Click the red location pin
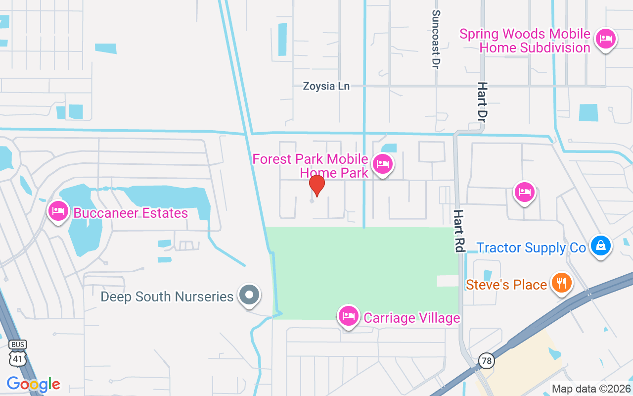point(316,185)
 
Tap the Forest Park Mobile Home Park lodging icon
point(382,164)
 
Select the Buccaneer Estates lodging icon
point(58,211)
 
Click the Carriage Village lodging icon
point(349,316)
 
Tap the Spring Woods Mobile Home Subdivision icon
point(605,39)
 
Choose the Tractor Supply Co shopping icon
point(600,246)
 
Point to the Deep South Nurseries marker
point(249,295)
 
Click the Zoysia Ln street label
point(326,86)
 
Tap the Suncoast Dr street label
point(436,40)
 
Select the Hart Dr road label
point(482,102)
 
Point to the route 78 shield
point(487,361)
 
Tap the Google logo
point(33,384)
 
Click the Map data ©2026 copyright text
point(591,389)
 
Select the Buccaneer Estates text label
point(131,213)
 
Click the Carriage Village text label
point(411,318)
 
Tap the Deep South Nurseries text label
point(167,297)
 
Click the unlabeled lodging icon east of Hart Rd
point(525,192)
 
